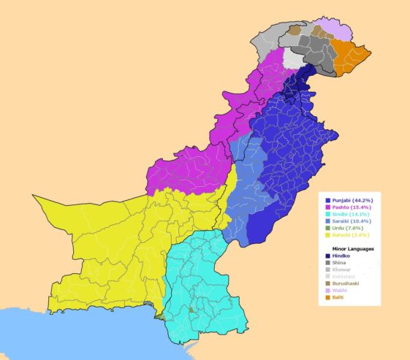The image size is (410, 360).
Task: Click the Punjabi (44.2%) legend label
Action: coord(352,200)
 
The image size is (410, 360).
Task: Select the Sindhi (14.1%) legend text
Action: coord(351,214)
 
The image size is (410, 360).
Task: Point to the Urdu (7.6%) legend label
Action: coord(347,228)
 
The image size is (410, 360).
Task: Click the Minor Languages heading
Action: coord(349,249)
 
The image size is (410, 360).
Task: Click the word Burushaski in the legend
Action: coord(346,284)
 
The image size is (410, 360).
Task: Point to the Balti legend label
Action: coord(338,298)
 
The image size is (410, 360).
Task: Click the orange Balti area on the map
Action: coord(349,52)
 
